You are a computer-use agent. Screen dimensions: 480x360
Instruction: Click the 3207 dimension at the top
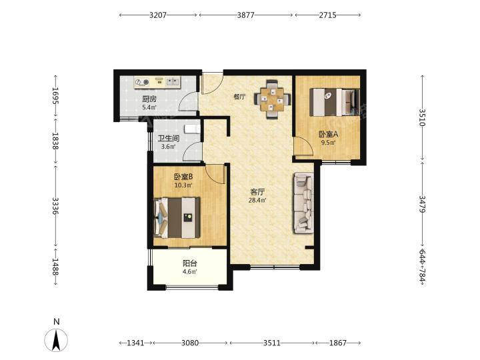click(157, 15)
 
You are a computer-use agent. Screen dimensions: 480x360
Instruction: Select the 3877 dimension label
click(246, 15)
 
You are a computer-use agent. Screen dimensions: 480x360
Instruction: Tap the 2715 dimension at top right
click(327, 15)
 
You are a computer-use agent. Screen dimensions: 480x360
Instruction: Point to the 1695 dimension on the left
click(55, 96)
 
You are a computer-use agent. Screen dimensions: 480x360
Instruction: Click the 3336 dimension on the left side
click(55, 206)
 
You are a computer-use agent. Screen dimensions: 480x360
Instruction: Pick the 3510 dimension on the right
click(423, 117)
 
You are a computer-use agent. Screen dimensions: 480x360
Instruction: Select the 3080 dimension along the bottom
click(190, 343)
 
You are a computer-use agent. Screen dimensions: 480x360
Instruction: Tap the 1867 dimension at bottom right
click(337, 343)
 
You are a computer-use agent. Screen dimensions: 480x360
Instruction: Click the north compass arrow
click(56, 340)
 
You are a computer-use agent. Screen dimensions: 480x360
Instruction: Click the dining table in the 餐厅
click(272, 99)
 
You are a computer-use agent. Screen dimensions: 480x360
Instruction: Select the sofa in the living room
click(304, 203)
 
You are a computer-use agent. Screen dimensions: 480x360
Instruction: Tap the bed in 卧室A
click(334, 102)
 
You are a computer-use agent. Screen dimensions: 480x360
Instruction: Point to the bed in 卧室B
click(177, 217)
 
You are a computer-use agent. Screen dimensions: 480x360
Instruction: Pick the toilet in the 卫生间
click(192, 129)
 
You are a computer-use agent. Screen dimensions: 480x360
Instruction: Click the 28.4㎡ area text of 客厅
click(257, 201)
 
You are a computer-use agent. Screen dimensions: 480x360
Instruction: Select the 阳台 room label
click(190, 263)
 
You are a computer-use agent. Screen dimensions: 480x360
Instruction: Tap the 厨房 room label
click(149, 99)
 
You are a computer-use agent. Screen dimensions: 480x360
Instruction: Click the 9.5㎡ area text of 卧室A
click(328, 143)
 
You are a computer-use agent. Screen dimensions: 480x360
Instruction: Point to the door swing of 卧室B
click(215, 174)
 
